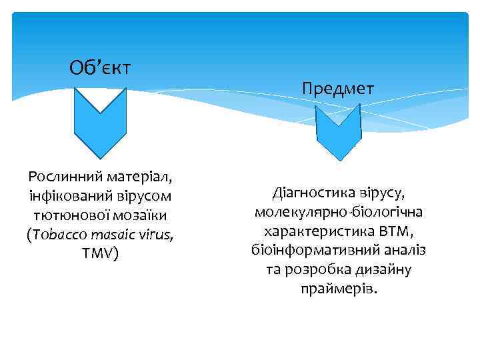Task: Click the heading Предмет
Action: click(338, 88)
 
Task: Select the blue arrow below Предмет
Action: click(338, 131)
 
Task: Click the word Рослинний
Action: click(64, 177)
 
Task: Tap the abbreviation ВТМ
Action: click(394, 232)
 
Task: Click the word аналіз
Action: click(401, 251)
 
